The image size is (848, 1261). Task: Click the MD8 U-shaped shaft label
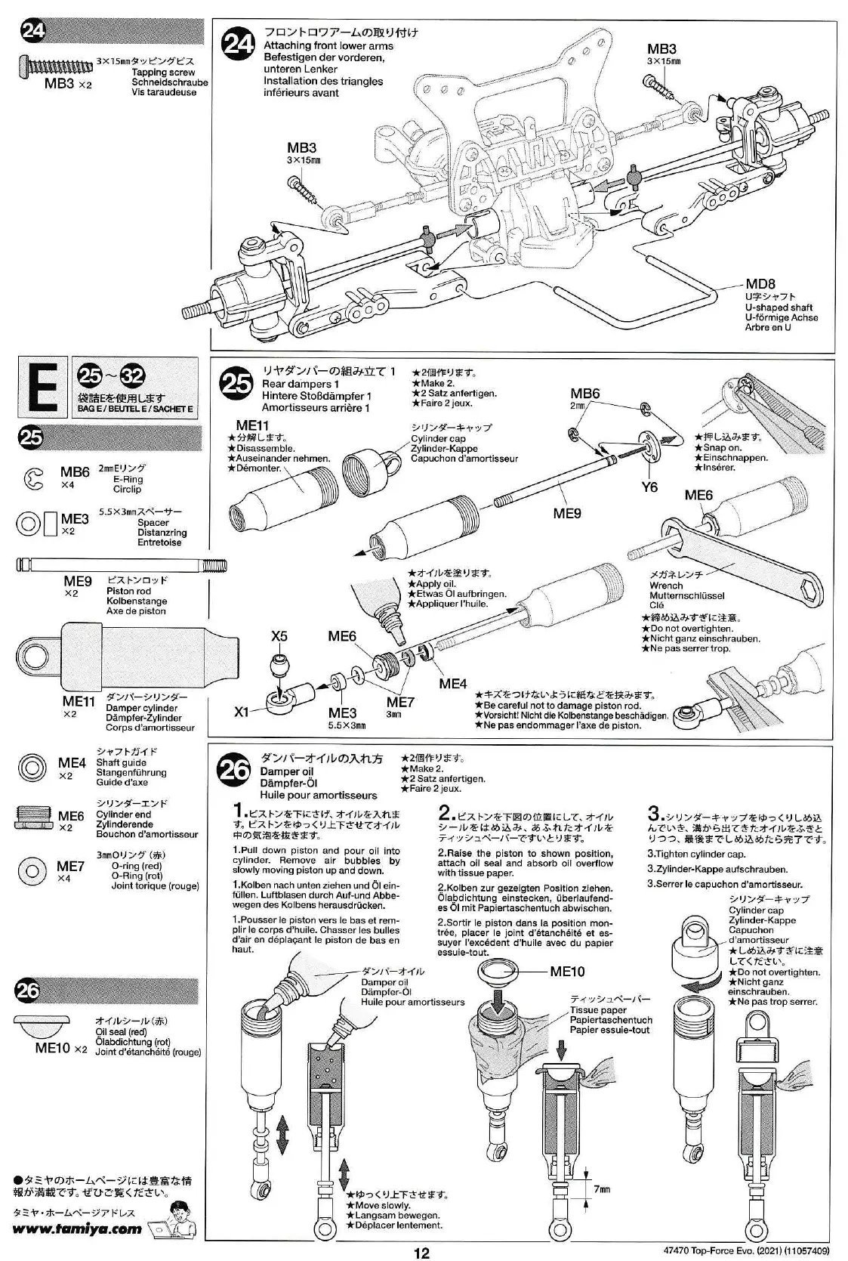[760, 284]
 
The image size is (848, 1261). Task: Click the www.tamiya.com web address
[78, 1229]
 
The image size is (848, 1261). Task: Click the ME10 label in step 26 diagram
[566, 972]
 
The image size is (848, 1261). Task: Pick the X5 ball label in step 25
[279, 636]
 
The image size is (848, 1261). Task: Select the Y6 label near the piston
[649, 487]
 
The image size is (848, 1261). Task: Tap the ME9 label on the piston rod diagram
[567, 514]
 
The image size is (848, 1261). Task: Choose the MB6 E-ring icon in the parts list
[33, 479]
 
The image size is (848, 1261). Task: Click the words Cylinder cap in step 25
[438, 439]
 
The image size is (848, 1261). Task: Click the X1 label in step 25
[241, 712]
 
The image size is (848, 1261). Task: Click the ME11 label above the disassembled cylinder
[252, 425]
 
